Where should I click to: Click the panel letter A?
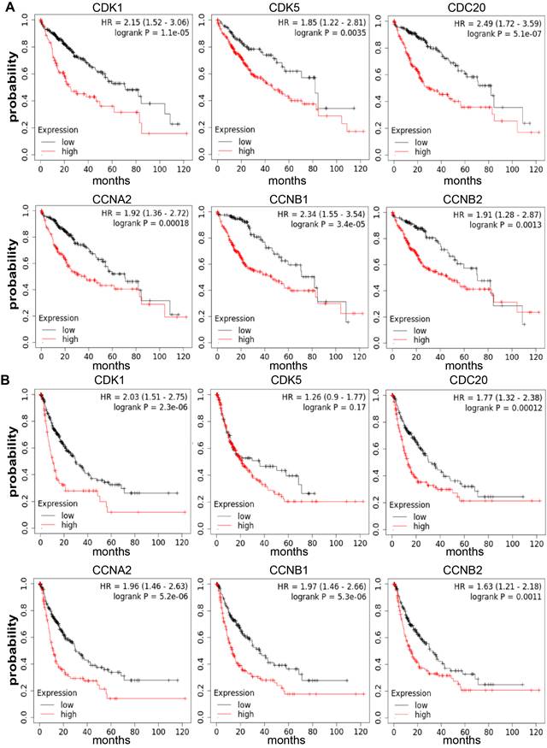click(x=7, y=8)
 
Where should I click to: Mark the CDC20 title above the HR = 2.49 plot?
click(x=465, y=7)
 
